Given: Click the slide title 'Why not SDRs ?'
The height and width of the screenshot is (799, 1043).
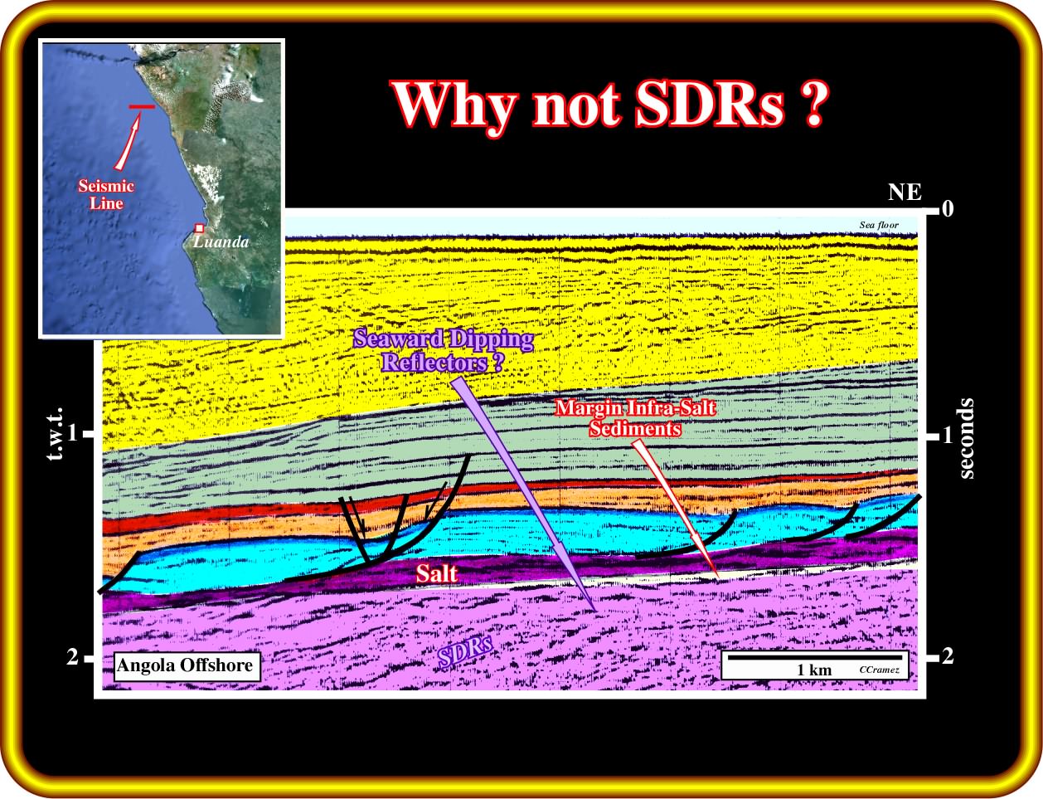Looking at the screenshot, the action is (609, 105).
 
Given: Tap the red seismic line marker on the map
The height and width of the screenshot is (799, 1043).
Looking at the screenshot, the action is (142, 106).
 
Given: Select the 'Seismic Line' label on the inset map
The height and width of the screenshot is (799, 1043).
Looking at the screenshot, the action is (106, 194).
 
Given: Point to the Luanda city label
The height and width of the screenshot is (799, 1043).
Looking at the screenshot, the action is (221, 241).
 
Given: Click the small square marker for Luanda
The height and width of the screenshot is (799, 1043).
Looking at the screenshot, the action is (199, 228).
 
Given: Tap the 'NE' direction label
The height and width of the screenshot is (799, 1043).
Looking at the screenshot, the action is (905, 192).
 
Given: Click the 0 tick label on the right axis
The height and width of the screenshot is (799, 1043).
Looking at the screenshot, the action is (948, 209).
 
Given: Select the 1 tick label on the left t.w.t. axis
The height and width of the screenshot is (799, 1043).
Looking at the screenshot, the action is (72, 433).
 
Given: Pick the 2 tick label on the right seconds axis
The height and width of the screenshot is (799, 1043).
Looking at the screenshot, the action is (948, 656).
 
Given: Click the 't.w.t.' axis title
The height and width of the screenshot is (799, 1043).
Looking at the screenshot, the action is (56, 434).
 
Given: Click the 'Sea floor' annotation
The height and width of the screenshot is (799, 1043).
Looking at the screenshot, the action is (878, 225).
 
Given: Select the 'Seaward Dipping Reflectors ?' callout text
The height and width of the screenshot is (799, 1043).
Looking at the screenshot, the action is (443, 350).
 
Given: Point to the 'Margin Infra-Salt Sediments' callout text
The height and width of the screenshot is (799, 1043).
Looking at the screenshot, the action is (635, 418).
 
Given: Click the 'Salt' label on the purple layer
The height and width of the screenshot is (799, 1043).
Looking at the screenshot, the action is (436, 573).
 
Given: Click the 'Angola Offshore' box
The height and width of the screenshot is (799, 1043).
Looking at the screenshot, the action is (187, 666).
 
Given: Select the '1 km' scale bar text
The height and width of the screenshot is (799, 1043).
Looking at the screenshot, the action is (814, 670).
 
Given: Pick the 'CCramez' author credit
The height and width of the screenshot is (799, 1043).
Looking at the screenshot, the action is (879, 670).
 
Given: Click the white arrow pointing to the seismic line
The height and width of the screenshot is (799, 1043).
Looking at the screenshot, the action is (127, 139).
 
